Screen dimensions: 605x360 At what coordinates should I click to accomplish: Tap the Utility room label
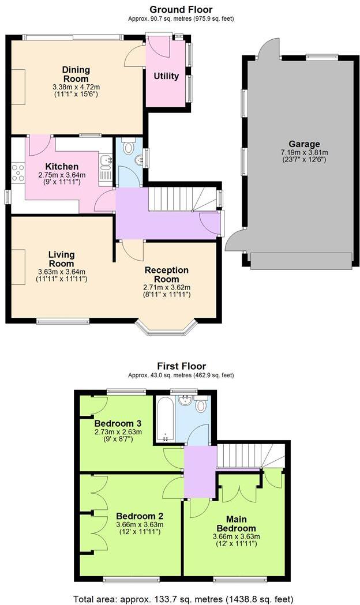point(166,76)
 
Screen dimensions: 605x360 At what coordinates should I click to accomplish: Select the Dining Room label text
point(76,74)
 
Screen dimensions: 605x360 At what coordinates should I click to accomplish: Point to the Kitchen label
point(62,167)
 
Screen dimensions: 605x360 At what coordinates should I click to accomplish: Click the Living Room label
point(62,258)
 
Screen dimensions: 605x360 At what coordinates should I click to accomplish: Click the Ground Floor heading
point(181,10)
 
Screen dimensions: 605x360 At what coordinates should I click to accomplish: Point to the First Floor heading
point(181,366)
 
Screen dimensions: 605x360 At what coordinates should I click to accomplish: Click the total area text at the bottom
point(183,598)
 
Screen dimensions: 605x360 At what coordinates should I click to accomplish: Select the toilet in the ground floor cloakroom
point(129,144)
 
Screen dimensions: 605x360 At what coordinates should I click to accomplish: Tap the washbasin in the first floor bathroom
point(185,400)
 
